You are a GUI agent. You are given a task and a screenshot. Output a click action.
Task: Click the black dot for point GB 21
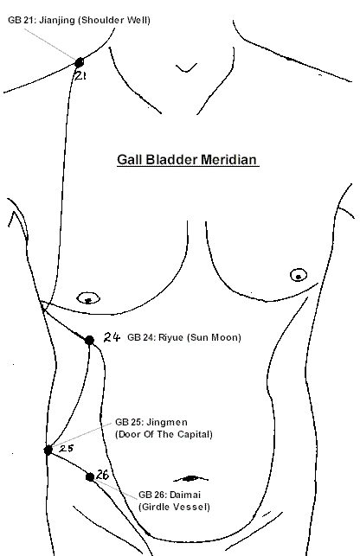click(x=79, y=62)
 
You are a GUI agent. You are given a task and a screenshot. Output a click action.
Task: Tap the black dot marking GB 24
click(x=89, y=341)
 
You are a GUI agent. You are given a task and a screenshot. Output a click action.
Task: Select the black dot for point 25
click(x=48, y=450)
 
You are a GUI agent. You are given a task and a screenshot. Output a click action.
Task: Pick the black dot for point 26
click(x=90, y=477)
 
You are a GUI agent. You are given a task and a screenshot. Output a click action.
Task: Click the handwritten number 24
click(x=112, y=337)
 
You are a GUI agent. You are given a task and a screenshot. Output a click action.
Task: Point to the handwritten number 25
click(x=66, y=449)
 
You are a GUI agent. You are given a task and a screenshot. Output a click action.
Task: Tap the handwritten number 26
click(x=102, y=475)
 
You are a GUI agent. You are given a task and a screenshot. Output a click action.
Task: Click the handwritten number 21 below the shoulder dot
click(x=80, y=75)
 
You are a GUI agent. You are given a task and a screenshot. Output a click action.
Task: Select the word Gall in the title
click(x=130, y=159)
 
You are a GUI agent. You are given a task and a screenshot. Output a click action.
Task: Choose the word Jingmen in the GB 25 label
click(x=167, y=423)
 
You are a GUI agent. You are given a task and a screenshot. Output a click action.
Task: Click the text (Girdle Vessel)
click(x=174, y=507)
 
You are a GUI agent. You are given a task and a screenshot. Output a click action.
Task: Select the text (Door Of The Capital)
click(x=164, y=434)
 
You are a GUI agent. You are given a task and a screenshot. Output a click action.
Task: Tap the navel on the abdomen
click(x=190, y=479)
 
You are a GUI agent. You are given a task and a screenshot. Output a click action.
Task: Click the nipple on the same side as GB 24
click(x=88, y=298)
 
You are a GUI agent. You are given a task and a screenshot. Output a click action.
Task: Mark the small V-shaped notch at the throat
click(x=186, y=68)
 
